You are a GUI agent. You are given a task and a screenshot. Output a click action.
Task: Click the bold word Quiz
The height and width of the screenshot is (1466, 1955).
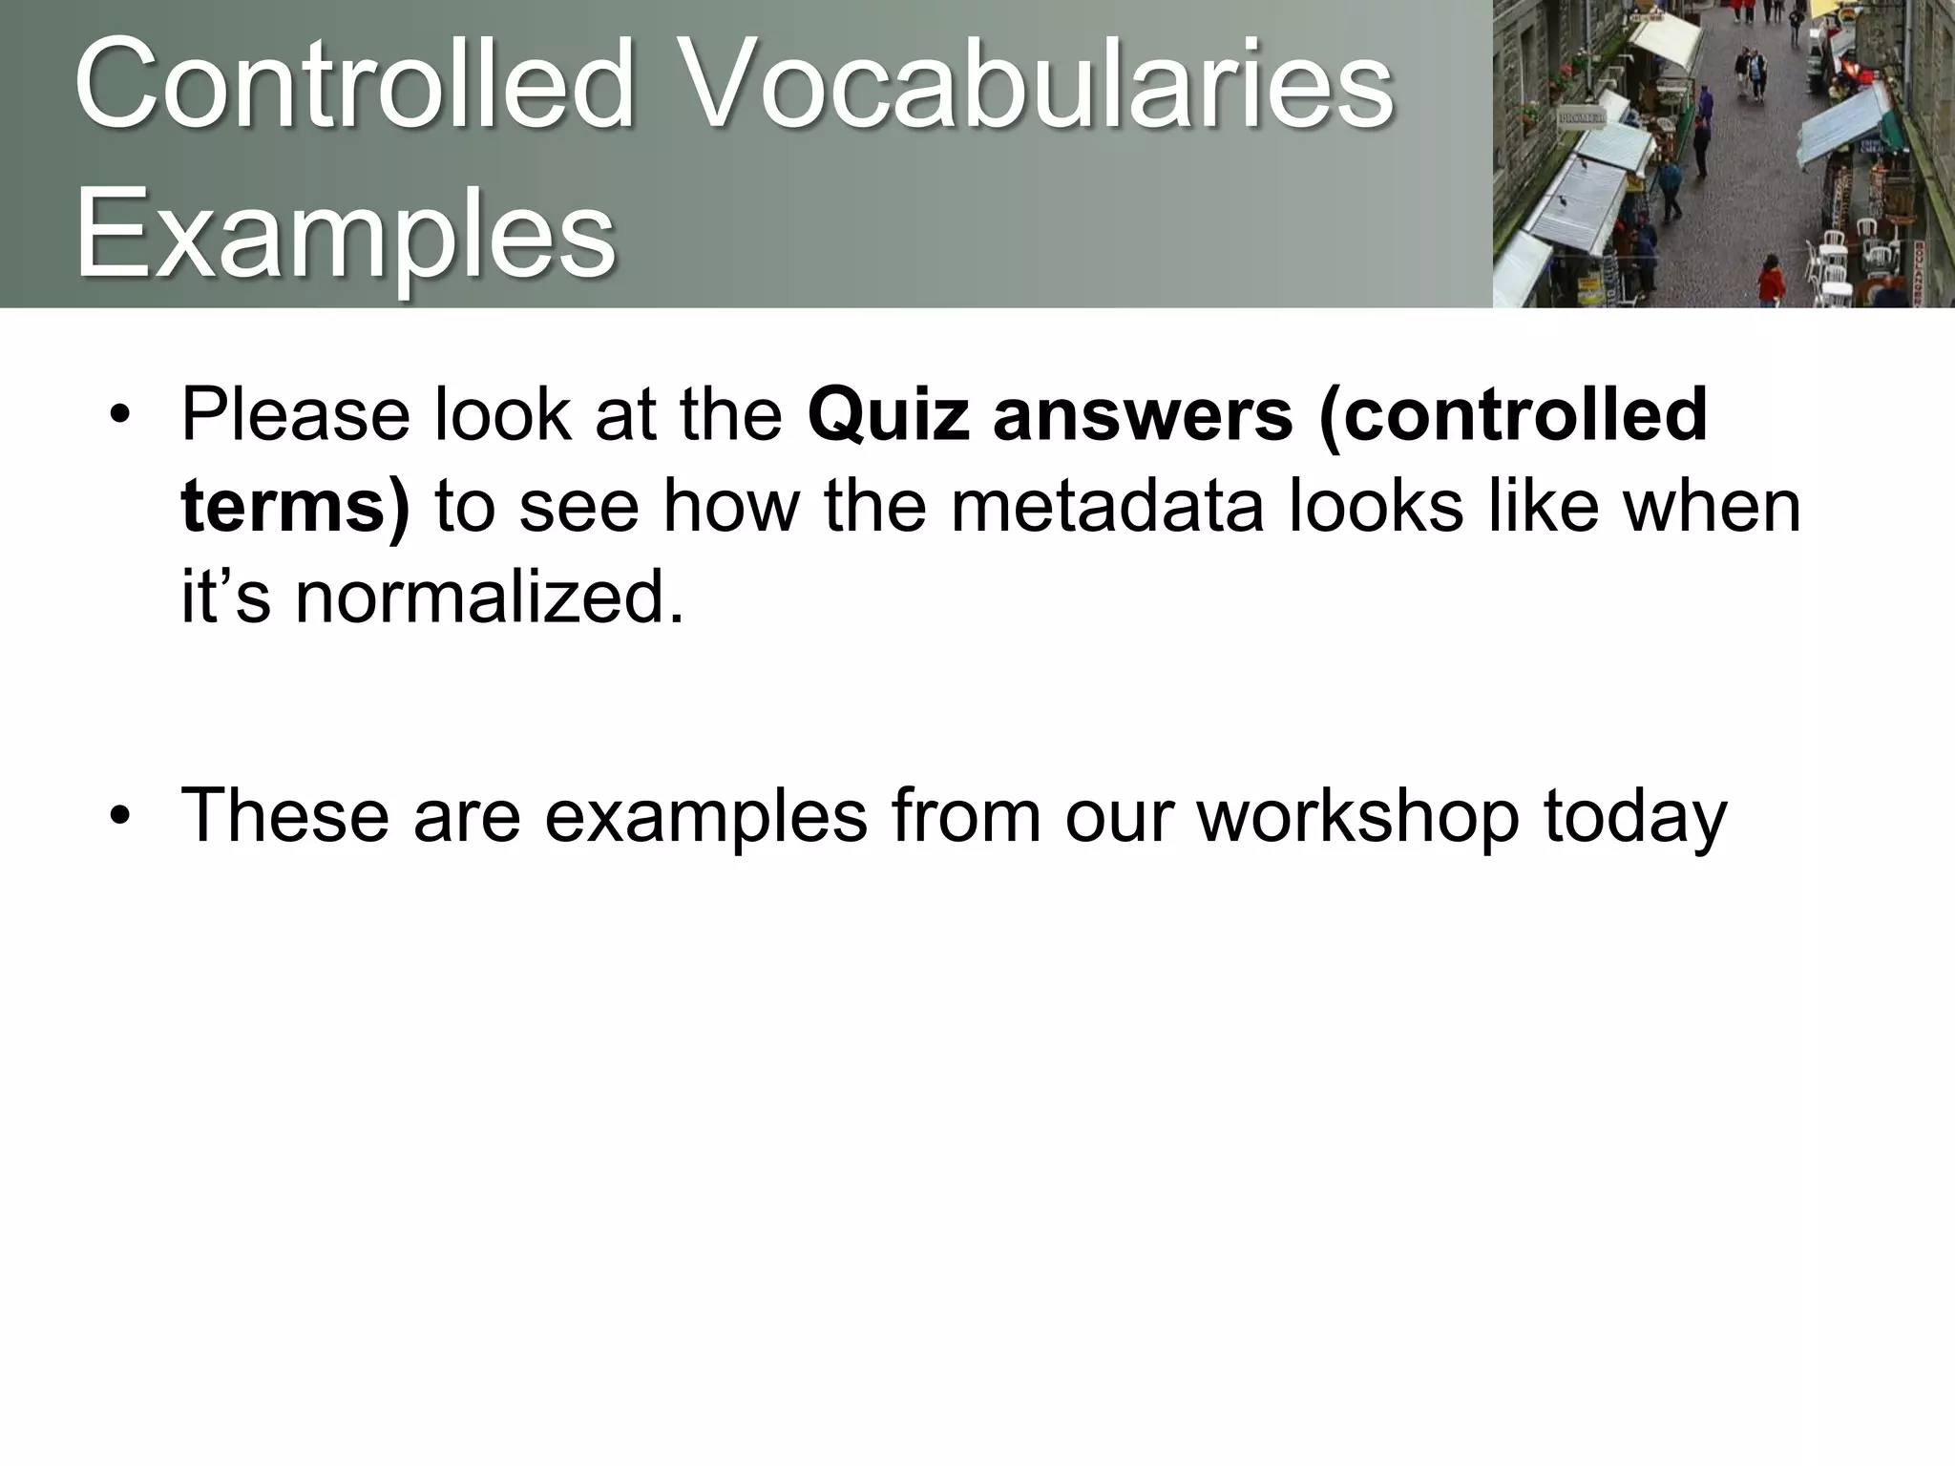[889, 414]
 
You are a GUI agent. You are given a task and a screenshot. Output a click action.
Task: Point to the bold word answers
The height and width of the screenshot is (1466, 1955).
[1143, 414]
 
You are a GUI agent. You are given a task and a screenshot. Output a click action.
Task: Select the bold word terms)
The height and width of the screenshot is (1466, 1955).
[295, 506]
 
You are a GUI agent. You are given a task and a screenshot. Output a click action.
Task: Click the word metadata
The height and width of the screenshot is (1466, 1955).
[1107, 506]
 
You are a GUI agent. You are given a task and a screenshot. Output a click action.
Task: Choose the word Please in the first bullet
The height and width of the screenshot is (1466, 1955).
[296, 414]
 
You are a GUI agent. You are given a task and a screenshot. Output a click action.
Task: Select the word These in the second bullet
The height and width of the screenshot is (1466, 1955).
[284, 815]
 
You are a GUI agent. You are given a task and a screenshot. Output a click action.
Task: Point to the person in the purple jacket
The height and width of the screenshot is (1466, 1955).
[1706, 102]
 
